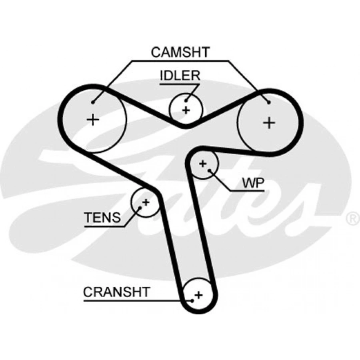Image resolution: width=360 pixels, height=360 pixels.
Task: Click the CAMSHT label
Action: [x=180, y=52]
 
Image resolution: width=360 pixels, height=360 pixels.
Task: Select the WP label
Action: [x=253, y=183]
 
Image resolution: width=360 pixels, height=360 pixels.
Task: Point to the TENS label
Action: [x=102, y=218]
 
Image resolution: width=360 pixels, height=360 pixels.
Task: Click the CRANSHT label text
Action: [x=116, y=292]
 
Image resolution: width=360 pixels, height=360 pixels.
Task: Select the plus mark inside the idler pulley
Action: [x=186, y=109]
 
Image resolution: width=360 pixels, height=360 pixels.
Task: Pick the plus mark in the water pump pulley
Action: [x=203, y=163]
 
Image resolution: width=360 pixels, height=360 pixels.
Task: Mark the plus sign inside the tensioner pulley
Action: [x=146, y=202]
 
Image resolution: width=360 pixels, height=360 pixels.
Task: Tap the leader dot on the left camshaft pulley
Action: [x=93, y=102]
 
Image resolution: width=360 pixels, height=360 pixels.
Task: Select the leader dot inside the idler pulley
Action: [x=186, y=100]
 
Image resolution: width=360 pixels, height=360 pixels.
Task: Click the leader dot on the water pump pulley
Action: [x=210, y=170]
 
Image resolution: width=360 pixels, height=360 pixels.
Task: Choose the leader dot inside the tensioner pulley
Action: [x=140, y=208]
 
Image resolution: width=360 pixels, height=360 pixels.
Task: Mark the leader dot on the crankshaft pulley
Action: [x=192, y=299]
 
